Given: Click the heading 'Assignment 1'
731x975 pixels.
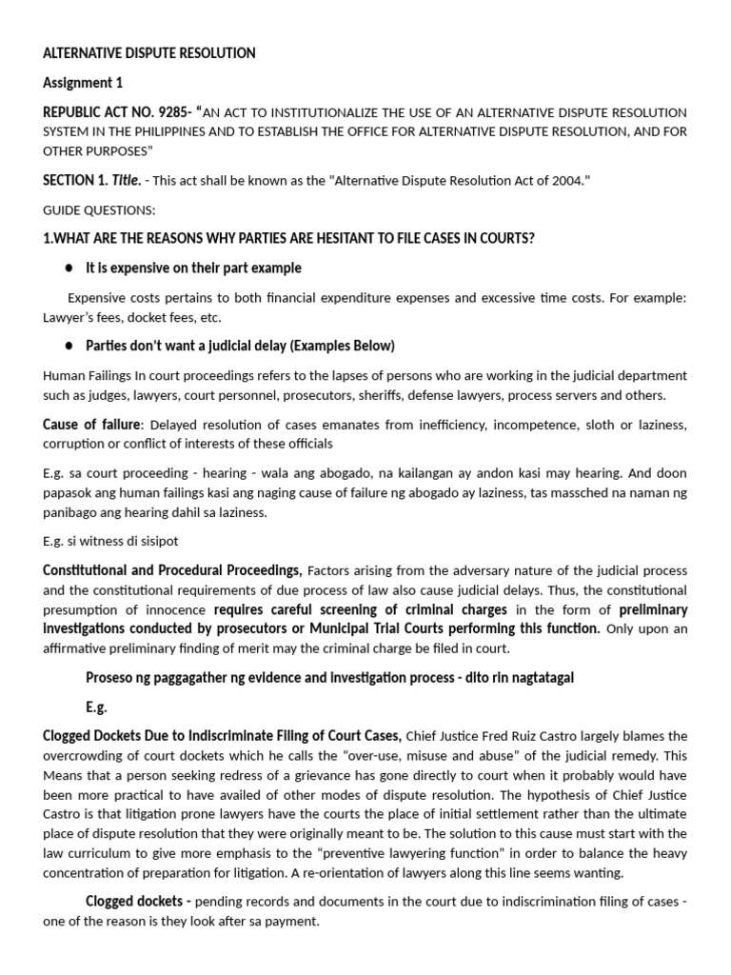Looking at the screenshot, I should [83, 83].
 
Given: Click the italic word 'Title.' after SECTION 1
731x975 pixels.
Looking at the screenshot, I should [127, 181].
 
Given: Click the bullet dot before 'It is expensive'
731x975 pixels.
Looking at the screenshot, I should [70, 269].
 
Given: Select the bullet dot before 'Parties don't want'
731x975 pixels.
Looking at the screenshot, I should [70, 346].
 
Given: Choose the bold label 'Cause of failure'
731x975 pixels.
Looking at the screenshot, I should [92, 424].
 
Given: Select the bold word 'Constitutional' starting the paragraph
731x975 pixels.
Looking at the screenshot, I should [87, 570].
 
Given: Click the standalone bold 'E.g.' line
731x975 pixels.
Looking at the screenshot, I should [97, 707].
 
